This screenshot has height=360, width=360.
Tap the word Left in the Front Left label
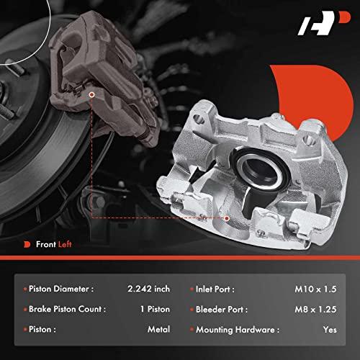point(65,244)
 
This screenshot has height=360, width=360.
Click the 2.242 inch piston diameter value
point(148,289)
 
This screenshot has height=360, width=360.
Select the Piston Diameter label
point(61,289)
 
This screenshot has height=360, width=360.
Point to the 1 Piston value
point(155,309)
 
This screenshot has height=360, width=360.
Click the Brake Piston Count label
point(67,309)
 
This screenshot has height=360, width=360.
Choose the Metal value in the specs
point(158,329)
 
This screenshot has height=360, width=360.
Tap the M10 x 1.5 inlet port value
point(315,289)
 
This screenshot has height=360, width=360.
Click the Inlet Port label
point(215,289)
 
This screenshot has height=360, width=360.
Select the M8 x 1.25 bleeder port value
point(315,309)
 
